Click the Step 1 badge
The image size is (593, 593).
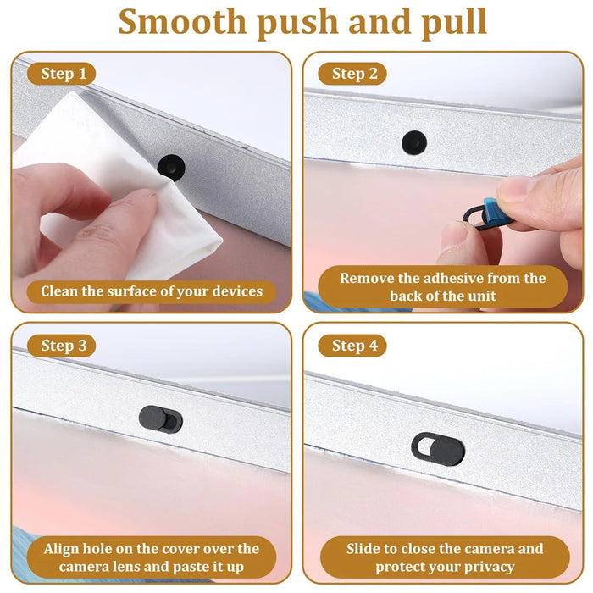64,75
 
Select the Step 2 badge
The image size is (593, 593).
354,75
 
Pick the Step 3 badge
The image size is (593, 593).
64,346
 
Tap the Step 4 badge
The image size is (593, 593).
354,346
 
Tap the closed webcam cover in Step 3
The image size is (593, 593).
160,418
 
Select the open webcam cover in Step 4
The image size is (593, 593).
439,446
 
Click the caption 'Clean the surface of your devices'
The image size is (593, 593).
152,292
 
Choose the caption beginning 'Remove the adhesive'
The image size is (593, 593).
442,286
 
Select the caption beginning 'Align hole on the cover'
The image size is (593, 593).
152,557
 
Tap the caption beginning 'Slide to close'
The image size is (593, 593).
445,557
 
